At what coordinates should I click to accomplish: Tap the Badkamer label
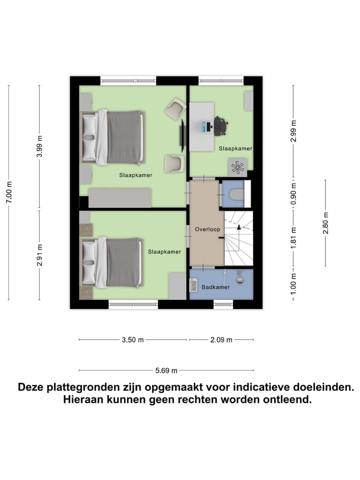(x=215, y=287)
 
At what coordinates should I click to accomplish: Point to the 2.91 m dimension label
(x=40, y=255)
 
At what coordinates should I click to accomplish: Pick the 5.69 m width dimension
(x=166, y=370)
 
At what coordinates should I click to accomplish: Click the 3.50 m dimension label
(x=132, y=340)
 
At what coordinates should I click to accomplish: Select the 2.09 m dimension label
(x=220, y=340)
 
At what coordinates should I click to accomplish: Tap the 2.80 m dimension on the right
(x=325, y=223)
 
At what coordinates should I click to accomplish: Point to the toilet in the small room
(x=235, y=193)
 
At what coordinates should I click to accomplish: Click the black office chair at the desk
(x=220, y=126)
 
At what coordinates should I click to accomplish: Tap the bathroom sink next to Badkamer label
(x=240, y=279)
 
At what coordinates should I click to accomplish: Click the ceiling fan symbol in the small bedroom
(x=237, y=166)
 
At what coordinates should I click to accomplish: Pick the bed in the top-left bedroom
(x=114, y=137)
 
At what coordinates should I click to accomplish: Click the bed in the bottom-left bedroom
(x=114, y=262)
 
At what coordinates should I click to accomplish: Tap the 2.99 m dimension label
(x=294, y=131)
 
